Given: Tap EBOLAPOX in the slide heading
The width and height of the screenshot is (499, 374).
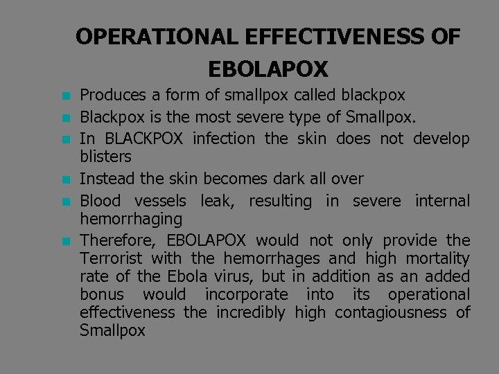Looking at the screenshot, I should pos(268,70).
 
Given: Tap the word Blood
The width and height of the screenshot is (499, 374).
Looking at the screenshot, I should pos(100,201).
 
